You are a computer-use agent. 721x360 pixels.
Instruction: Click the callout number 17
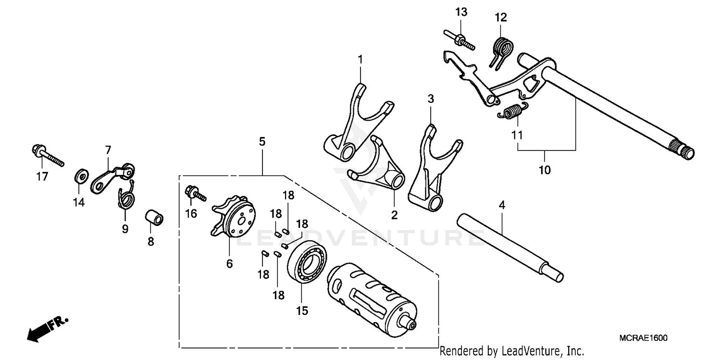tap(42, 176)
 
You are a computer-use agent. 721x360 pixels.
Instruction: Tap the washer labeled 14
tap(80, 176)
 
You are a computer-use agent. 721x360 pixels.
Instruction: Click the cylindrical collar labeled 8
tap(155, 217)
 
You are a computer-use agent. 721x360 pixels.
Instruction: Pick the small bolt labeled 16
tap(194, 194)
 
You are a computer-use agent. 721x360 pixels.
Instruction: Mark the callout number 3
tap(431, 99)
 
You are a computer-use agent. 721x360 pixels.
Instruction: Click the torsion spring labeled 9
tap(126, 196)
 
